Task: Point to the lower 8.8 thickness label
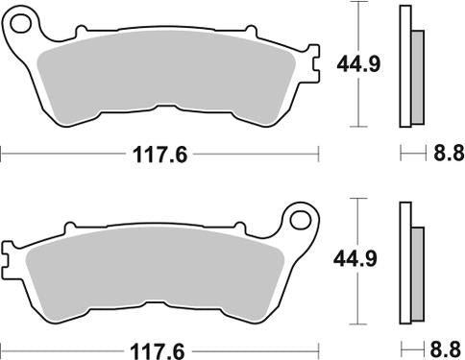(443, 347)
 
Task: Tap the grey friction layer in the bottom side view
(417, 270)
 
